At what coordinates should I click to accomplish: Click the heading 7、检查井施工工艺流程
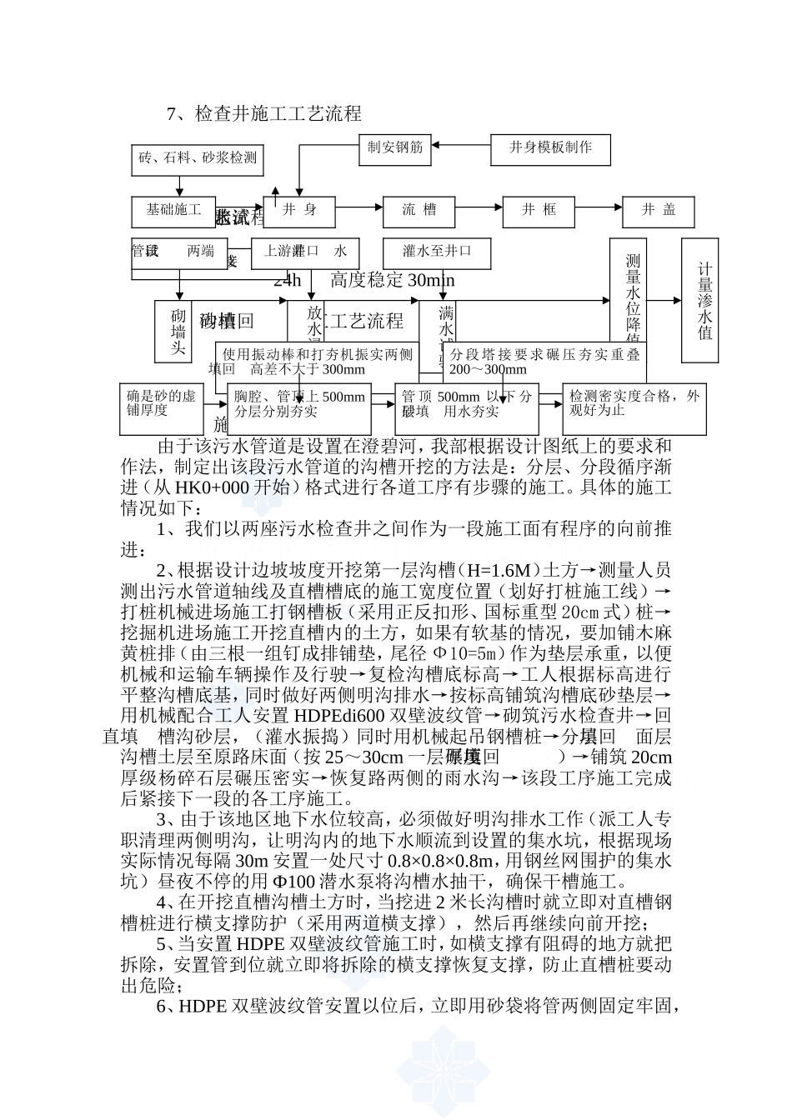263,113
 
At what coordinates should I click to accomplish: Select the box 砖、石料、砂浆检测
198,158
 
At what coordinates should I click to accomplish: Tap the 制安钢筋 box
395,148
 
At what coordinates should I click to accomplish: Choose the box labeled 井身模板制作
551,148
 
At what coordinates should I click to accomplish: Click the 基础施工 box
173,211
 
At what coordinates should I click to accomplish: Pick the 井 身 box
299,211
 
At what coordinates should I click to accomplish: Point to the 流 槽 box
419,211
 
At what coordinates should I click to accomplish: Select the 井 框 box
539,211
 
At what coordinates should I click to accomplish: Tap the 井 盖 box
659,211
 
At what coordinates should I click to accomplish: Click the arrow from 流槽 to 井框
479,211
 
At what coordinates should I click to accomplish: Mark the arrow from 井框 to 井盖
599,211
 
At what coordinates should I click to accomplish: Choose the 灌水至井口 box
437,252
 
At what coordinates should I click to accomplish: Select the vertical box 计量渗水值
705,300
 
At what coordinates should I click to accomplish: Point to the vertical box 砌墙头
178,332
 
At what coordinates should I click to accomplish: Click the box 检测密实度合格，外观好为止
634,407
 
